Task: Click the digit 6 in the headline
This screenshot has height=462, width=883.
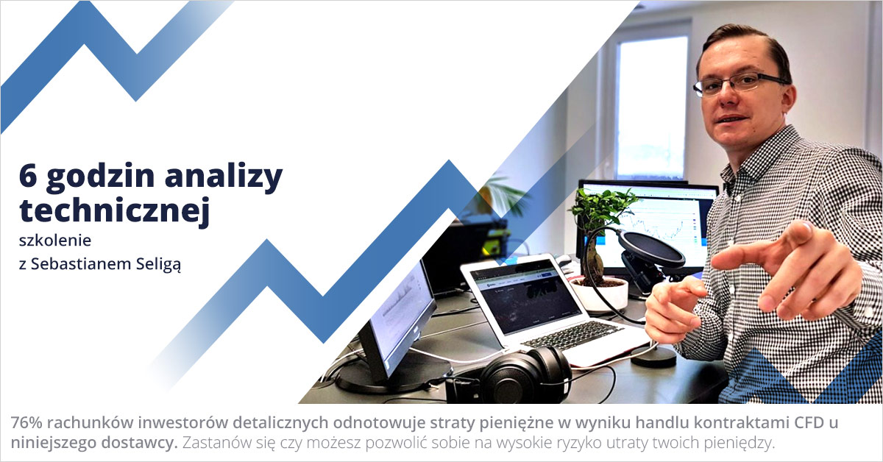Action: click(29, 177)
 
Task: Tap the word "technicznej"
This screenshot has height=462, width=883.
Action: click(115, 211)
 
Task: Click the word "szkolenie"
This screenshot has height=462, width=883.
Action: click(55, 240)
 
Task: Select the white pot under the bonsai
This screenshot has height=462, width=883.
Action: click(599, 294)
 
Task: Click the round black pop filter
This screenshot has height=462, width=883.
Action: click(651, 249)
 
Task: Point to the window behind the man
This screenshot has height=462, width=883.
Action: click(653, 107)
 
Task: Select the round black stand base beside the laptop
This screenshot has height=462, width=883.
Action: click(653, 358)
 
